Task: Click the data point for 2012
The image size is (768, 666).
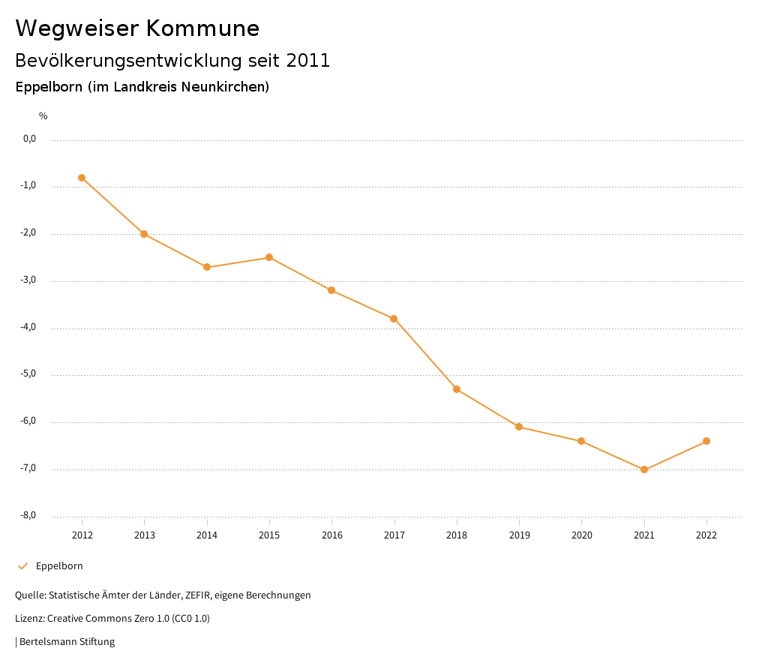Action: tap(82, 178)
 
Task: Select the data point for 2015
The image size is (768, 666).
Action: tap(269, 257)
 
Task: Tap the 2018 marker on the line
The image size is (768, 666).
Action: tap(457, 389)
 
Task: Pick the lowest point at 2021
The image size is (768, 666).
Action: tap(644, 469)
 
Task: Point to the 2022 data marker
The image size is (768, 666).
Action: tap(706, 441)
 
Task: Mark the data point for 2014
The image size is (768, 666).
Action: tap(207, 267)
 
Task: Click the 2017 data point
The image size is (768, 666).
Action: tap(394, 319)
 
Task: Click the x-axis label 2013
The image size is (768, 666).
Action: tap(145, 535)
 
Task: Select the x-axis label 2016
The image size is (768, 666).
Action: tap(331, 535)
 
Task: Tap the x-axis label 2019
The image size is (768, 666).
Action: tap(519, 535)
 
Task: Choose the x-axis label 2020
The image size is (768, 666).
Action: tap(581, 535)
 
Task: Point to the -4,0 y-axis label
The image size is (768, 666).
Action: tap(29, 327)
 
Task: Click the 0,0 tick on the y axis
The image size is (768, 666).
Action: tap(30, 139)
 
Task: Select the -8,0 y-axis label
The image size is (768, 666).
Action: tap(29, 515)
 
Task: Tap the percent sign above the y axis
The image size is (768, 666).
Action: tap(43, 116)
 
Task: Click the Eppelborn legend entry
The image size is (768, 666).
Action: tap(59, 566)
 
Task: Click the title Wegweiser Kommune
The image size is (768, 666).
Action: tap(137, 28)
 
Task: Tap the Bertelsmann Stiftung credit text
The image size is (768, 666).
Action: tap(67, 642)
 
